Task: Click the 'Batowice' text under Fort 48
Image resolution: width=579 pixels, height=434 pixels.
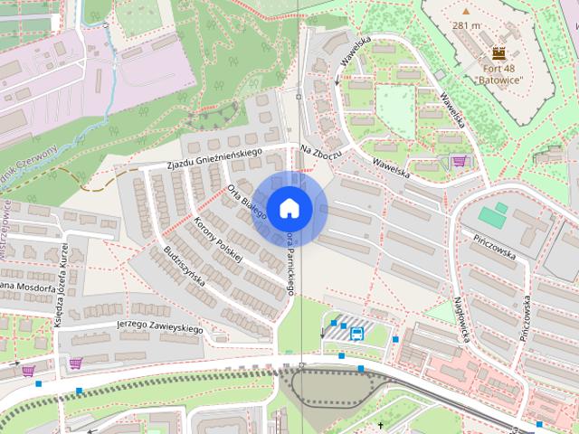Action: point(498,79)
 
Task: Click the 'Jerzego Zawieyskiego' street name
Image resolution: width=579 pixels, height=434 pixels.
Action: point(158,326)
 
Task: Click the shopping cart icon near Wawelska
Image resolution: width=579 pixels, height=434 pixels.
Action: point(459,162)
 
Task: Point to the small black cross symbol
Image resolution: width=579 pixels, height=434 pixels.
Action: point(381,425)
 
